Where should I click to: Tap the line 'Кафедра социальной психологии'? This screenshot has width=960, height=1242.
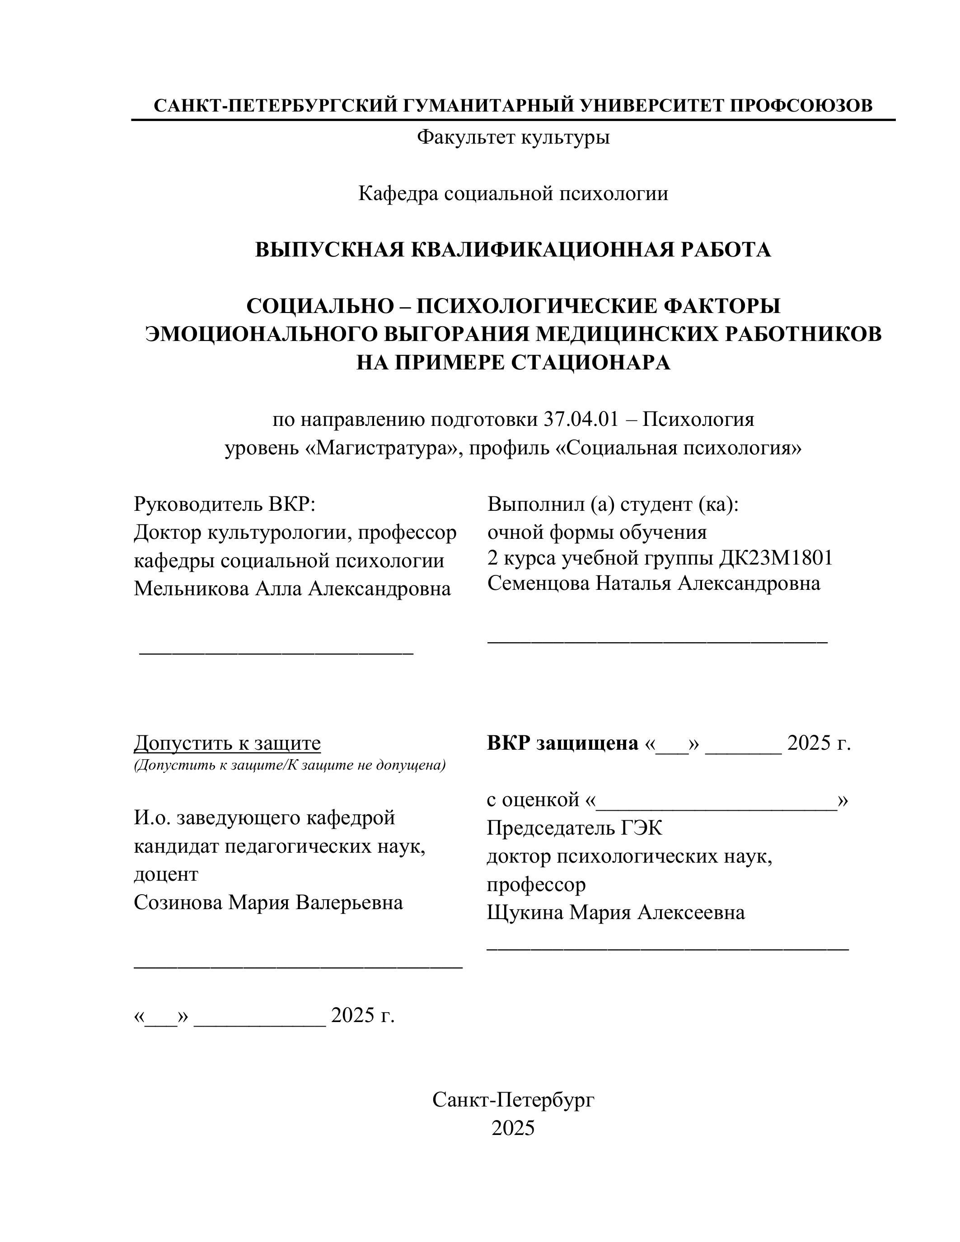pos(513,194)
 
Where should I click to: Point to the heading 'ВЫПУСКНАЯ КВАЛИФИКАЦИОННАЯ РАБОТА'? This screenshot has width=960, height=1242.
pos(513,250)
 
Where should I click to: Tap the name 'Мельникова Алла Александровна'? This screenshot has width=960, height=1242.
pos(292,588)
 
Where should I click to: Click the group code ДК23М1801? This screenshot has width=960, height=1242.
pos(776,558)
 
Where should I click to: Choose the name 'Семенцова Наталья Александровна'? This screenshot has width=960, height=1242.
pos(653,584)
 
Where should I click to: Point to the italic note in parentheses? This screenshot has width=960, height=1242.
pos(290,765)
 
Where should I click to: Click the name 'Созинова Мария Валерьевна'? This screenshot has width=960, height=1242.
pos(268,902)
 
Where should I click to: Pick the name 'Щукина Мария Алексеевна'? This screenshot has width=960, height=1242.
pos(615,912)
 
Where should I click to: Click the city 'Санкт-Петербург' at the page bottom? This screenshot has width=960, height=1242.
pos(513,1100)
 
